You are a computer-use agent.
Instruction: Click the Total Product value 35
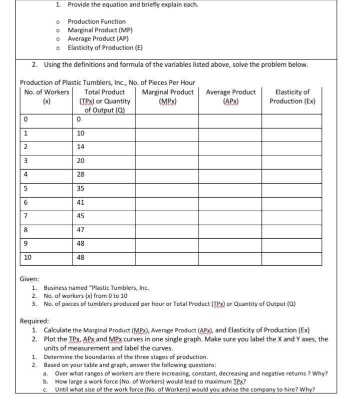click(x=81, y=189)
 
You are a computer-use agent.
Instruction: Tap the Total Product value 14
click(x=81, y=147)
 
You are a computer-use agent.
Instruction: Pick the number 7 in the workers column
click(x=23, y=216)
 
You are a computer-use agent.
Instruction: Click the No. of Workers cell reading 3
click(x=23, y=160)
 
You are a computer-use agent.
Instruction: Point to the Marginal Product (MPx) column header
click(x=167, y=96)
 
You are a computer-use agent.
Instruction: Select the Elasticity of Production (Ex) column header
click(x=292, y=96)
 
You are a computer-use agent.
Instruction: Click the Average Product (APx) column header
click(x=230, y=96)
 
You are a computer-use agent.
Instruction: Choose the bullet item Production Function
click(x=96, y=22)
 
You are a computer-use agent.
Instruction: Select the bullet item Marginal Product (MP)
click(x=99, y=30)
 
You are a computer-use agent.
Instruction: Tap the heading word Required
click(x=34, y=321)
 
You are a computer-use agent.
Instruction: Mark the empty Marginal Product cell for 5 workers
click(x=167, y=189)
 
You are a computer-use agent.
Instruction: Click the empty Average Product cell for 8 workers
click(x=230, y=230)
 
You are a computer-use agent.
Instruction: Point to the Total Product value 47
click(x=81, y=230)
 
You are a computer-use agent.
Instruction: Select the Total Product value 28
click(x=81, y=174)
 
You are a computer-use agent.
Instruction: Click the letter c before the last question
click(x=45, y=389)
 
